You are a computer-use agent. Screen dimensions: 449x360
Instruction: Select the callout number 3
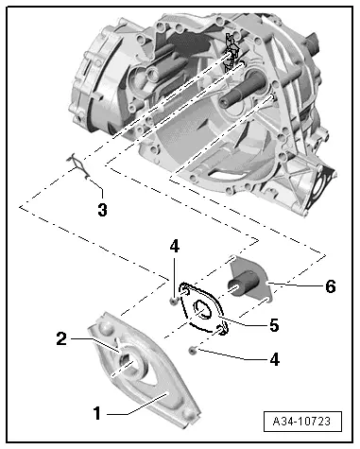(x=102, y=210)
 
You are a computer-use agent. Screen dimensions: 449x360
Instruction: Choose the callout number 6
(x=329, y=285)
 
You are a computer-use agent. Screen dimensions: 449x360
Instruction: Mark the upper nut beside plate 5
(x=174, y=301)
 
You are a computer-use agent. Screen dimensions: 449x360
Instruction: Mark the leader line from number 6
(x=298, y=284)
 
